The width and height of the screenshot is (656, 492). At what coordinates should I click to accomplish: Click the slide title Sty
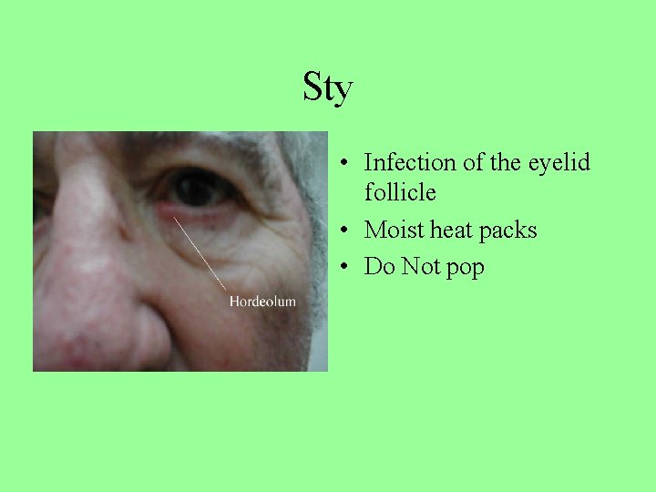(327, 89)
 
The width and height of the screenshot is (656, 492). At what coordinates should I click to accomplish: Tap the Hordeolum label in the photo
(262, 301)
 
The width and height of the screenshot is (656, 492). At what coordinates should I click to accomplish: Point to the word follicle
(400, 193)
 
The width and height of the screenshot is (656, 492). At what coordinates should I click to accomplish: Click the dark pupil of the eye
(194, 189)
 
